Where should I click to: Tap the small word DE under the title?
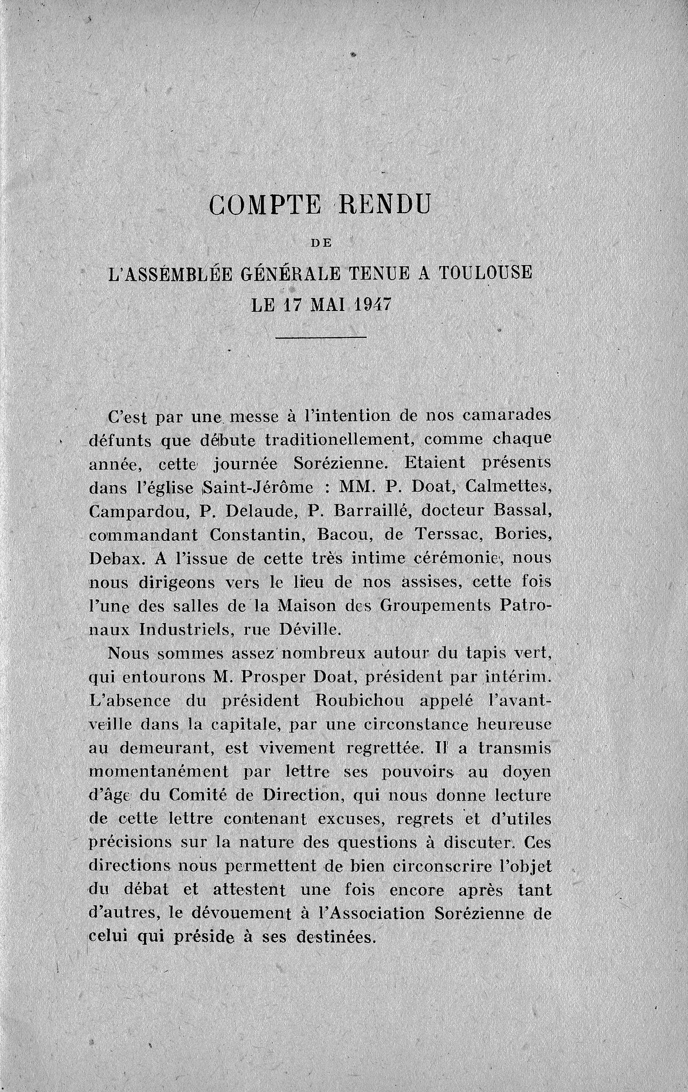point(322,243)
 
